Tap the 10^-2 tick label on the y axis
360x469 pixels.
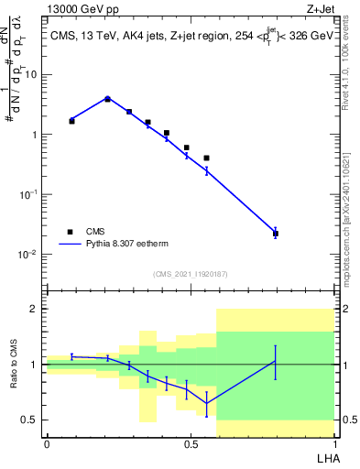[x=27, y=255]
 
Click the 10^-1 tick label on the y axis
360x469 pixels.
[x=27, y=195]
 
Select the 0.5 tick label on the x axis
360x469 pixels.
[x=191, y=444]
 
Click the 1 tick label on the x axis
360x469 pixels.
[x=333, y=444]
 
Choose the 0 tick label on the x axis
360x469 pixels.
[x=47, y=444]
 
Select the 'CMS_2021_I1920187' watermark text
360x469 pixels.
[x=190, y=274]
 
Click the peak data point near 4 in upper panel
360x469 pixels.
[x=107, y=98]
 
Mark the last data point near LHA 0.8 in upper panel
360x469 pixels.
[x=276, y=234]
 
